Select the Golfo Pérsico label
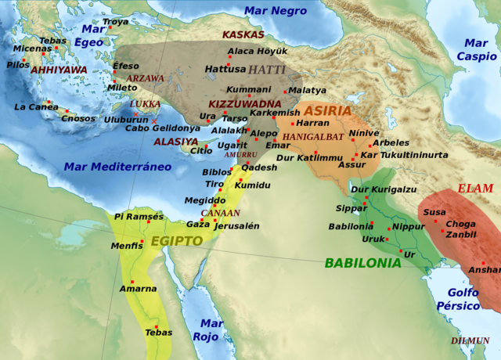point(463,299)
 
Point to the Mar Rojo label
point(210,329)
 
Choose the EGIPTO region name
point(177,241)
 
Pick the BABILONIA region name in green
point(362,263)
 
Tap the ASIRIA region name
point(328,111)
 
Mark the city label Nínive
point(364,133)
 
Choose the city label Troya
point(115,22)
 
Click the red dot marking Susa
point(436,221)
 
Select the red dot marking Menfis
point(142,242)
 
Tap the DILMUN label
point(470,340)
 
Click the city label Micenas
point(31,48)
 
